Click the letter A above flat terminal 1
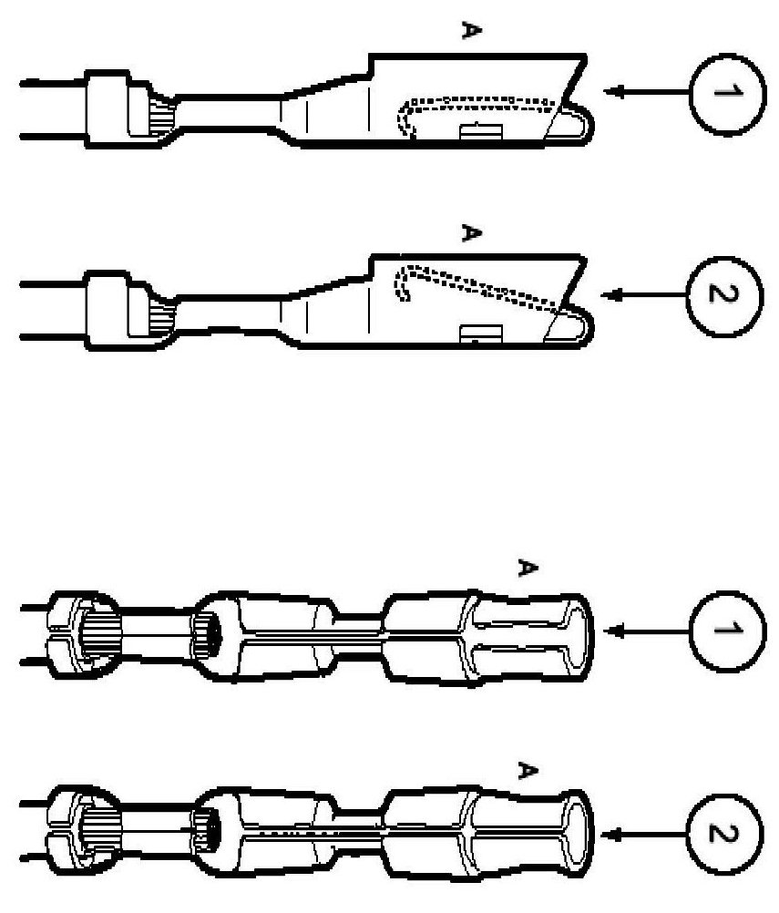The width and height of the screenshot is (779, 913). pos(471,31)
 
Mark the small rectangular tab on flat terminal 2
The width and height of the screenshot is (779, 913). pos(475,334)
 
